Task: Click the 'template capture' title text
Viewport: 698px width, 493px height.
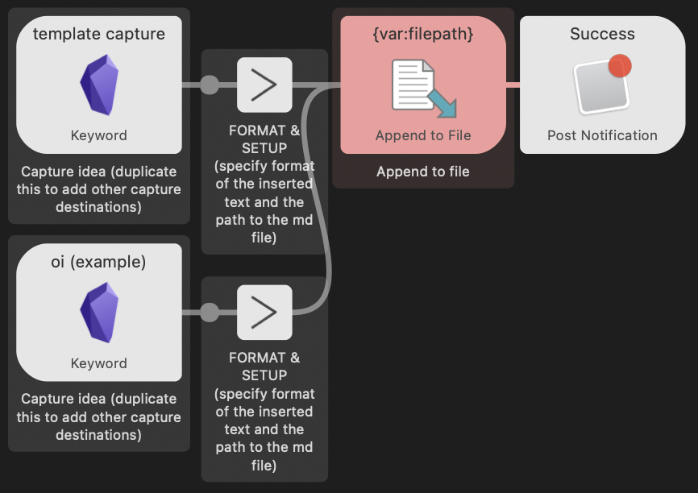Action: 98,34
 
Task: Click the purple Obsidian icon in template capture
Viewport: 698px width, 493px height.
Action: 99,85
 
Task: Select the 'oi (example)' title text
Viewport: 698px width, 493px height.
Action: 98,262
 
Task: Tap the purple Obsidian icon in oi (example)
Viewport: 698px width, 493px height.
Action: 99,312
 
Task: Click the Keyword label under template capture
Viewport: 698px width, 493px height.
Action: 98,135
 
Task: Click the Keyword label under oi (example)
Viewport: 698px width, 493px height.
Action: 98,363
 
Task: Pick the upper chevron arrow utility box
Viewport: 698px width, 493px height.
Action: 264,85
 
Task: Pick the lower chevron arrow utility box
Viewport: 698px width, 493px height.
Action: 264,312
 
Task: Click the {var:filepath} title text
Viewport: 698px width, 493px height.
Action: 422,34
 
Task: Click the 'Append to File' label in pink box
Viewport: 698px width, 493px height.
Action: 422,135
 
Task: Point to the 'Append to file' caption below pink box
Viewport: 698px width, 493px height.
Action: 422,172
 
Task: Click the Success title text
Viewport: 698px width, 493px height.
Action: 602,34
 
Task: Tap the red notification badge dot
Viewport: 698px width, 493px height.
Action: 619,65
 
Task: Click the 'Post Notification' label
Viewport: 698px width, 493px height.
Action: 602,135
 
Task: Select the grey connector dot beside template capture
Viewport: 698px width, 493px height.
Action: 209,85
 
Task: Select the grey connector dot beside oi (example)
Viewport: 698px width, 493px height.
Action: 209,312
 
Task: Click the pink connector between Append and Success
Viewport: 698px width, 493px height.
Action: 513,84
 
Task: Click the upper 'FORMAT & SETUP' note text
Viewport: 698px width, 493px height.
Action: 264,139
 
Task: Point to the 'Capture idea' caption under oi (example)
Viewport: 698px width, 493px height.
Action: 98,416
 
